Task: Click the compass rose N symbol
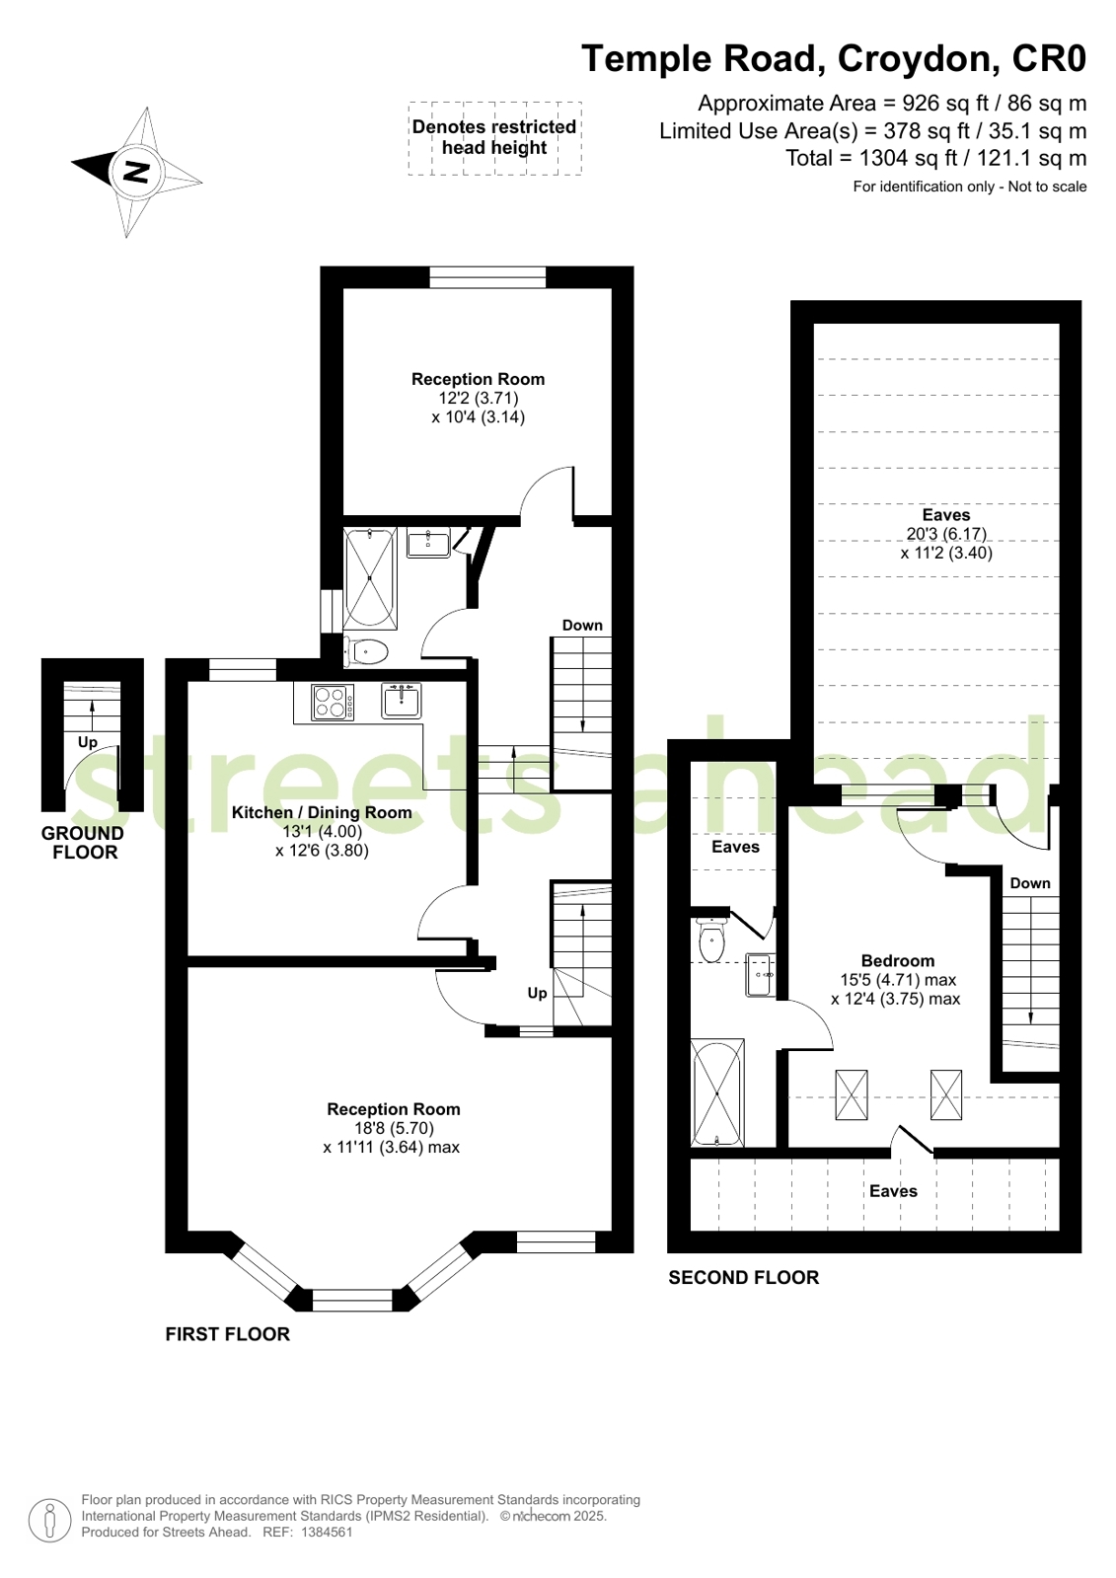click(136, 173)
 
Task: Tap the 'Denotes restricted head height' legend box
click(494, 138)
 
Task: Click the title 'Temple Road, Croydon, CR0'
click(834, 59)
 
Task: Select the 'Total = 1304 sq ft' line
click(935, 158)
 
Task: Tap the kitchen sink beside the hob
click(402, 701)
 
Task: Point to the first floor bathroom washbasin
click(428, 542)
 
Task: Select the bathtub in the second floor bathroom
click(717, 1091)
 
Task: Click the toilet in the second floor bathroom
click(711, 940)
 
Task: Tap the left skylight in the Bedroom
click(852, 1094)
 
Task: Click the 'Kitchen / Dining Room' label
click(322, 812)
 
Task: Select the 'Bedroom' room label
click(897, 960)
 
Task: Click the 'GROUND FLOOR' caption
click(83, 843)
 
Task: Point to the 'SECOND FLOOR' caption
click(743, 1277)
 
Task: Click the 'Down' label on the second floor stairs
click(1029, 883)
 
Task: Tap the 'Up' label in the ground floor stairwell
click(88, 742)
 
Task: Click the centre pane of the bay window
click(352, 1299)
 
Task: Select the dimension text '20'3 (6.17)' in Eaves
click(945, 534)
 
